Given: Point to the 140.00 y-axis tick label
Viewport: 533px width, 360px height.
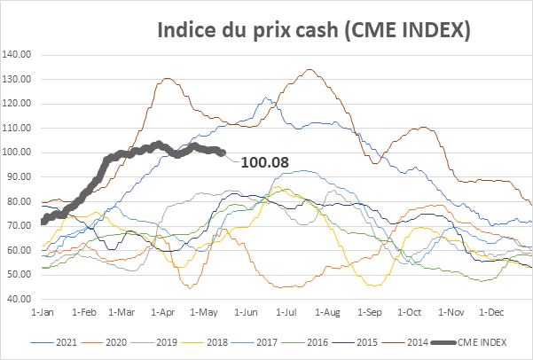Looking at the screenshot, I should pyautogui.click(x=18, y=54).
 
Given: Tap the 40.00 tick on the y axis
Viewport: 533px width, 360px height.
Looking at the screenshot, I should pyautogui.click(x=18, y=299).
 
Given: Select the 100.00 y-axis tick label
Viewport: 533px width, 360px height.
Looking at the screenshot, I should pyautogui.click(x=18, y=152).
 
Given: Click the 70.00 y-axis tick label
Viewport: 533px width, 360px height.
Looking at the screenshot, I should pyautogui.click(x=18, y=225).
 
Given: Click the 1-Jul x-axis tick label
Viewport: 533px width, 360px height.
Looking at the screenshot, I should pyautogui.click(x=286, y=313).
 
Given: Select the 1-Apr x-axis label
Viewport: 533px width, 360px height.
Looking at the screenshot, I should pyautogui.click(x=164, y=313).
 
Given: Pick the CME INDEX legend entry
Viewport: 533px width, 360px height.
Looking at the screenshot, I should pyautogui.click(x=492, y=339).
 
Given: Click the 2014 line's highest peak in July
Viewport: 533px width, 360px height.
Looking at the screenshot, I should pyautogui.click(x=309, y=69).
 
